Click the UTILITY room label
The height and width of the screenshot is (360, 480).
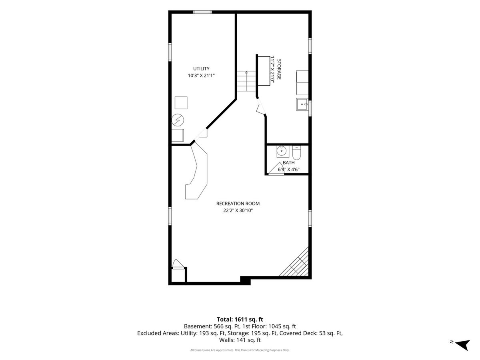point(201,69)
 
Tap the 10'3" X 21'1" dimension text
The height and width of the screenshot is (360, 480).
point(201,76)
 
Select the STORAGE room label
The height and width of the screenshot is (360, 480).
point(279,69)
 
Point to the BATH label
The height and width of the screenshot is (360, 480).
point(289,163)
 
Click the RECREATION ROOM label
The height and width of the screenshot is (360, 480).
point(238,204)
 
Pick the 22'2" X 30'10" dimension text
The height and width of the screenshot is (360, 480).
point(238,210)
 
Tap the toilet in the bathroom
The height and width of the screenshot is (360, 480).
point(296,152)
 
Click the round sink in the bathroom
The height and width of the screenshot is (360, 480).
point(282,151)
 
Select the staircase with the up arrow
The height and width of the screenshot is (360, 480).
point(246,81)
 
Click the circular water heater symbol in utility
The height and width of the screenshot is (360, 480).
point(178,120)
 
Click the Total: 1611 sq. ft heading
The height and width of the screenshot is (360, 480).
point(240,319)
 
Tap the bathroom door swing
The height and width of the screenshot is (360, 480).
point(276,168)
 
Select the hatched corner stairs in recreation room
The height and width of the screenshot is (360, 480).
point(294,262)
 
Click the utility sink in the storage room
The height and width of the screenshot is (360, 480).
point(302,104)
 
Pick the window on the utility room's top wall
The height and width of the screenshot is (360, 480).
point(202,12)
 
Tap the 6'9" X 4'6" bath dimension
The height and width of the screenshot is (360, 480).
point(289,169)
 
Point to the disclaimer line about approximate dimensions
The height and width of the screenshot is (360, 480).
point(240,350)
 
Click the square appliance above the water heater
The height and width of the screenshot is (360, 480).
point(181,103)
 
